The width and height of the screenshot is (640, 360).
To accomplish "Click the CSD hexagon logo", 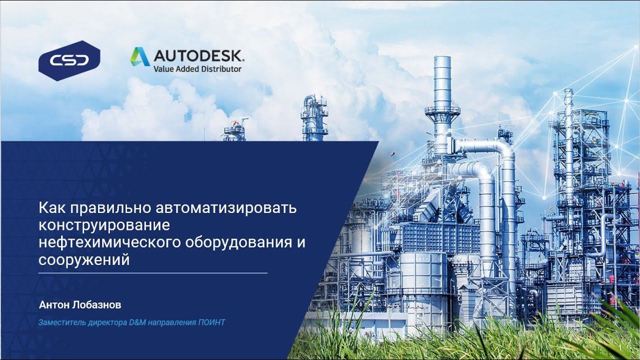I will point(69,60).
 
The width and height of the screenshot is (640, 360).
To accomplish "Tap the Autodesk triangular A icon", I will point(140,56).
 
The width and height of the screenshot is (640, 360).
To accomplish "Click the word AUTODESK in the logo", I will point(198,55).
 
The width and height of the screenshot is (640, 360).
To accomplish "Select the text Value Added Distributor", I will point(197,68).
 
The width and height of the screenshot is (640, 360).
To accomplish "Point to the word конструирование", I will point(104,225).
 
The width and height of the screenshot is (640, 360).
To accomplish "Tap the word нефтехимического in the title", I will point(110,242).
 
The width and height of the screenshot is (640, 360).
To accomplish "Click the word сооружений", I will point(84,260).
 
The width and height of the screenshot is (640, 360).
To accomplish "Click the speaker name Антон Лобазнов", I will point(80,304).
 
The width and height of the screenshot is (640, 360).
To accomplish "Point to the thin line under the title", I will point(153,273).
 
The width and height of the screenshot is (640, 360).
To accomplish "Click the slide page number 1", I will point(620,348).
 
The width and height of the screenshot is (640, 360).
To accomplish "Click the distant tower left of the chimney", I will point(314,117).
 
